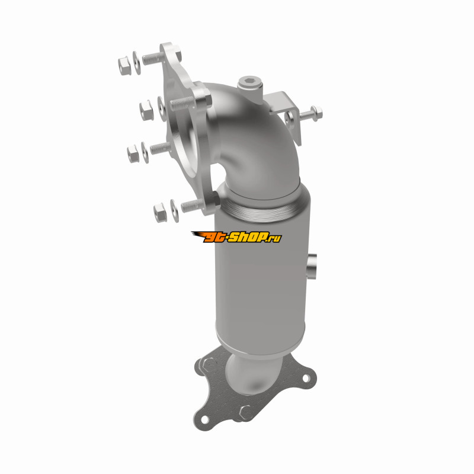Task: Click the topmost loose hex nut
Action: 124,66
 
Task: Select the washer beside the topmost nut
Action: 137,63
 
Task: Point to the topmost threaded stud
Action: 153,58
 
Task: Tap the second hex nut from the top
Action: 146,110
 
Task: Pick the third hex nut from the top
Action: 133,153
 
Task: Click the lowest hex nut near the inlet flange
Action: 160,212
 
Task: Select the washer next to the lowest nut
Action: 174,210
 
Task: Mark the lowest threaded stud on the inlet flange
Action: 193,206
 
